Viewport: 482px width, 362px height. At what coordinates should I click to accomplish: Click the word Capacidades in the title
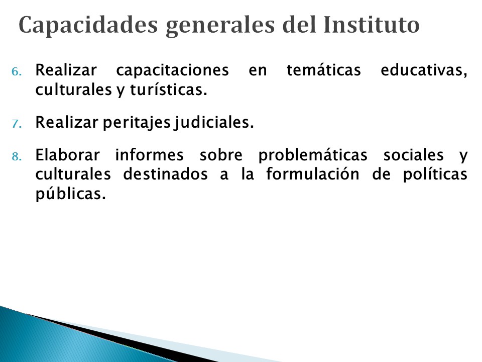point(88,25)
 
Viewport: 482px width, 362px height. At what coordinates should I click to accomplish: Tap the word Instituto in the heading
point(372,25)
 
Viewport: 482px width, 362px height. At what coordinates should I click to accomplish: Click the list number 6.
point(17,72)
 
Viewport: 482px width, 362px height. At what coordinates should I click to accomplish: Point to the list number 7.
point(17,124)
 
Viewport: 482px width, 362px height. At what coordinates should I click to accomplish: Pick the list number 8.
point(17,157)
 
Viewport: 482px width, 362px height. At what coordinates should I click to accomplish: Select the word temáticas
point(324,69)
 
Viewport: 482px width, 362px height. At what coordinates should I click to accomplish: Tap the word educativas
point(424,70)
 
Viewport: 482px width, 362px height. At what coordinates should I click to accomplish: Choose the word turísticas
point(169,89)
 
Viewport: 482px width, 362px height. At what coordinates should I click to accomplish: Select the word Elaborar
point(68,155)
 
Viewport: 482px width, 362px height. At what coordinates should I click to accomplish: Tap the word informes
point(150,155)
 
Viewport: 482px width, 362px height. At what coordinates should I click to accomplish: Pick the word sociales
point(413,155)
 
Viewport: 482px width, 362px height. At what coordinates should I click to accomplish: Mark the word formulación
point(313,174)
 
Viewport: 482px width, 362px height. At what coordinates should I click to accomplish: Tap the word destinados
point(165,174)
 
